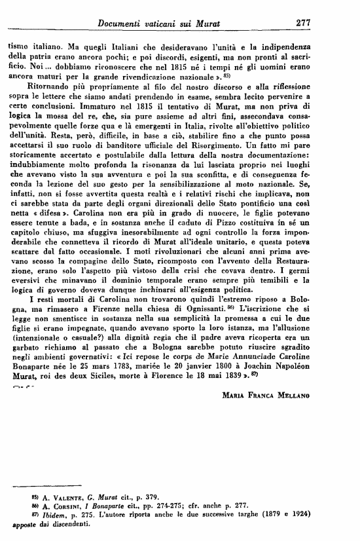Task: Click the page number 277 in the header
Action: point(302,22)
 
